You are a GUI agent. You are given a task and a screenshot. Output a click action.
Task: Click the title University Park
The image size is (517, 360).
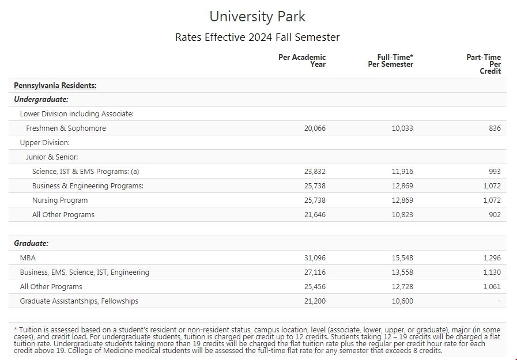click(257, 16)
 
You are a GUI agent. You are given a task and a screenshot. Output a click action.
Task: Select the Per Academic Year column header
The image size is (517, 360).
click(302, 60)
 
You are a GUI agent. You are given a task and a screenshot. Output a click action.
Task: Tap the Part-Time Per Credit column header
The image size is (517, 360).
click(484, 64)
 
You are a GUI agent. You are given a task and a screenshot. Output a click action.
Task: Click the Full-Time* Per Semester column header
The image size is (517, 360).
click(391, 60)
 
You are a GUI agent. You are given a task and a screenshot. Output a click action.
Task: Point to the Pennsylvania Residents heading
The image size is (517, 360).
click(55, 86)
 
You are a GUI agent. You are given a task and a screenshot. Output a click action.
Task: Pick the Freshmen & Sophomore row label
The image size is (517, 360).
click(66, 128)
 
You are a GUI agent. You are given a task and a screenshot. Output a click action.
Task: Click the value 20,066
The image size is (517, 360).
click(315, 128)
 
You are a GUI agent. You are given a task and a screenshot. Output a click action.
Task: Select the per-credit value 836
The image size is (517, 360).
click(495, 128)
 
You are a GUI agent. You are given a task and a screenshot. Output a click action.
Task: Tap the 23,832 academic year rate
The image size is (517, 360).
click(315, 172)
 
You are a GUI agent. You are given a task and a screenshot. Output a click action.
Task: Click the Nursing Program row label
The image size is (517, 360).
click(60, 200)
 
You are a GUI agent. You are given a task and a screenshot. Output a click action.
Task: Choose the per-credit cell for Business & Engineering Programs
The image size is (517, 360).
click(492, 186)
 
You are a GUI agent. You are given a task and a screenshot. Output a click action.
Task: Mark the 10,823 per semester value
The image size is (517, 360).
click(402, 215)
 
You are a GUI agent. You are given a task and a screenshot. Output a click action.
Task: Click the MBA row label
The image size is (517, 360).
click(28, 258)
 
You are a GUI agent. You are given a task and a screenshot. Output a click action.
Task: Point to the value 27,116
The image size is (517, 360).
click(315, 272)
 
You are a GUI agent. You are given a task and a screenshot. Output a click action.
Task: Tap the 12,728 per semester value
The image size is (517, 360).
click(402, 287)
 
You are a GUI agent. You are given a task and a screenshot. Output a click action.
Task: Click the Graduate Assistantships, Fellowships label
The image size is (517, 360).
click(79, 301)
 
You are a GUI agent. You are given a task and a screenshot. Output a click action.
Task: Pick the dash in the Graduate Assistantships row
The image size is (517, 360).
click(499, 301)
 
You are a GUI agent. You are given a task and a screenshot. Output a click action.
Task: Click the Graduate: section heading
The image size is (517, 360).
click(31, 244)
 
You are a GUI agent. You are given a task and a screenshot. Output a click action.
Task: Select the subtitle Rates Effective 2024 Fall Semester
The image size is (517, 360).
click(257, 37)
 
